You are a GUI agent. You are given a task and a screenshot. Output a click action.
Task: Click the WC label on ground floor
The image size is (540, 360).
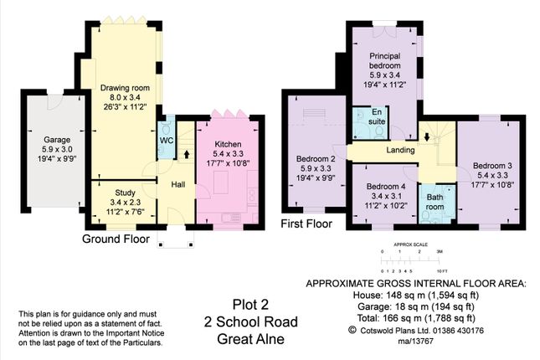(166, 140)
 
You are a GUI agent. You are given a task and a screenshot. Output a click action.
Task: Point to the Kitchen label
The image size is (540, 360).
(227, 143)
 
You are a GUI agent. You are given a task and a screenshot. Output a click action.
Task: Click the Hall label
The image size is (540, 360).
(178, 184)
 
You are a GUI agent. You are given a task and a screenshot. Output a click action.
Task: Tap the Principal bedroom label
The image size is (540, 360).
(386, 61)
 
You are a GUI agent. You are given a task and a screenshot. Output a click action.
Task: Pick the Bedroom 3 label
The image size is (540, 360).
(491, 164)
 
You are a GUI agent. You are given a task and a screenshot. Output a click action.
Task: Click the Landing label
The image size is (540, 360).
(400, 150)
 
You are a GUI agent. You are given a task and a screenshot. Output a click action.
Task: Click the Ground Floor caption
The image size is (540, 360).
(116, 239)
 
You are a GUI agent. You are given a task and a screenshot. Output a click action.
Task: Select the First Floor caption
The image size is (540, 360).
(307, 224)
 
